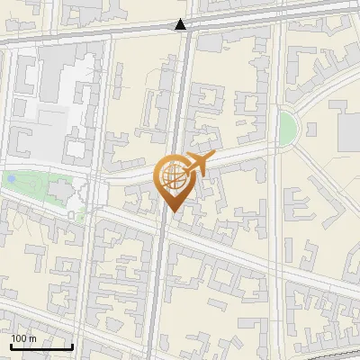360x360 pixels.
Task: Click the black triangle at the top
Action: coord(182,25)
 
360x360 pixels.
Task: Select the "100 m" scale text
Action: coord(23,338)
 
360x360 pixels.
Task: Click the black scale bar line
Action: coord(41,346)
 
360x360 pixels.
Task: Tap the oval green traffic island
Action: coord(287,128)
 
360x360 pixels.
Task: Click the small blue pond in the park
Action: coord(11,179)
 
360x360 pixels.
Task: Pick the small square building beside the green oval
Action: coord(311,129)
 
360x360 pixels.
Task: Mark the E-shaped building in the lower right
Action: coord(315,310)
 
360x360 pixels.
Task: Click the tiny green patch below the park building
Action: coord(78,216)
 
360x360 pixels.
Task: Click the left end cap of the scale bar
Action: coord(11,346)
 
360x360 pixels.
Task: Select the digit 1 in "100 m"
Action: coord(14,338)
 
